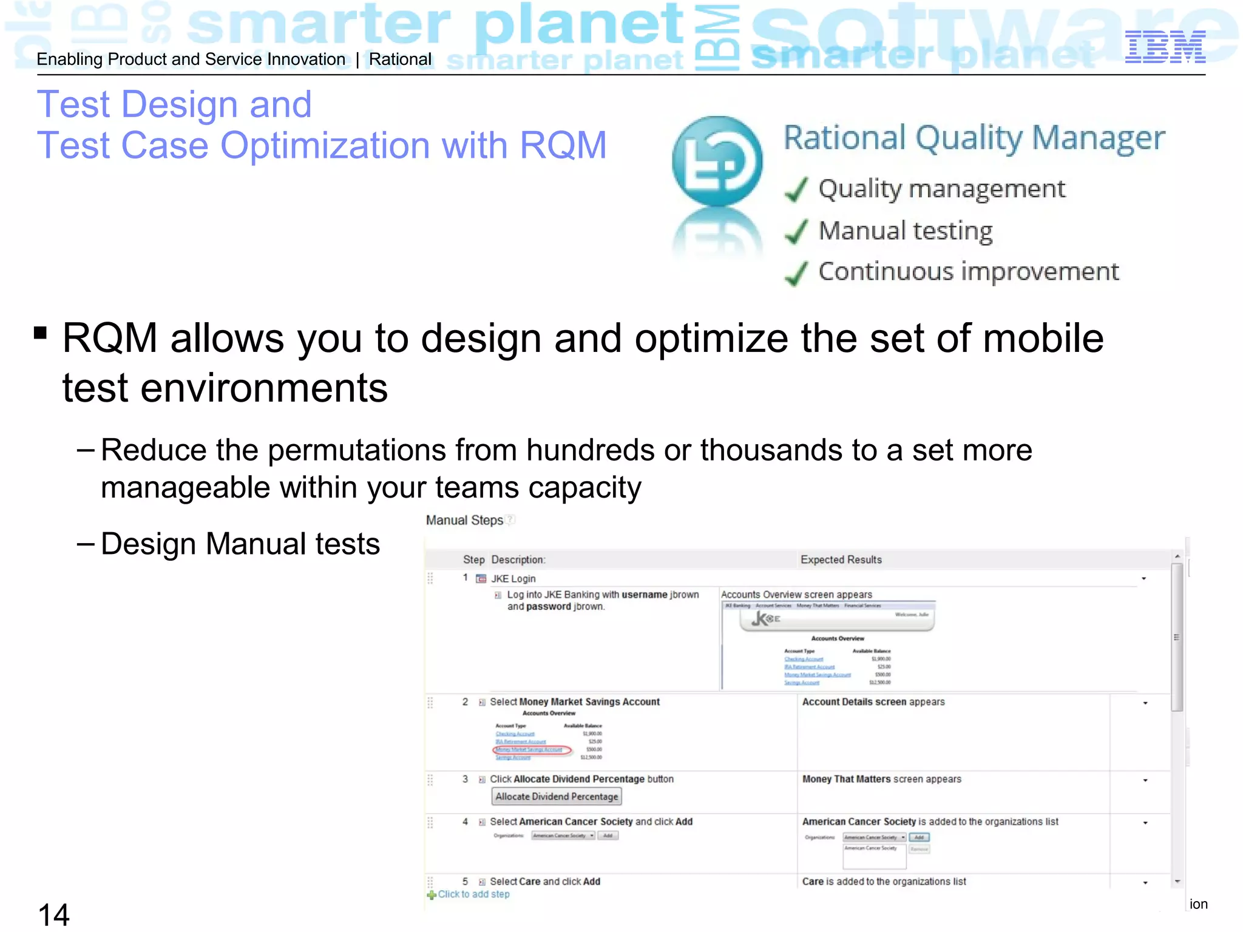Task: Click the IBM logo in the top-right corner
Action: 1165,47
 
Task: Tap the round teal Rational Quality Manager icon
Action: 717,161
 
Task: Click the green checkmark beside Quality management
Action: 796,189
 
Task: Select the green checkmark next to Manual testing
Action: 796,231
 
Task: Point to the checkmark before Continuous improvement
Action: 796,272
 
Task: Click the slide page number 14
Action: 53,914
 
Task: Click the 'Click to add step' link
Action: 473,894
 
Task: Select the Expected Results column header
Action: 841,559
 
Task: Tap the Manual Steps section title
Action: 464,520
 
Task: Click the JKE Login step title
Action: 513,579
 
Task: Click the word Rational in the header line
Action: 400,59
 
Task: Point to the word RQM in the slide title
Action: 563,146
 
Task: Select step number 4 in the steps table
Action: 465,822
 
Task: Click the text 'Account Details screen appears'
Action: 873,702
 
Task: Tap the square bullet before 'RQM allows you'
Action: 41,333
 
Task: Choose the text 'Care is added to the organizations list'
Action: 884,882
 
